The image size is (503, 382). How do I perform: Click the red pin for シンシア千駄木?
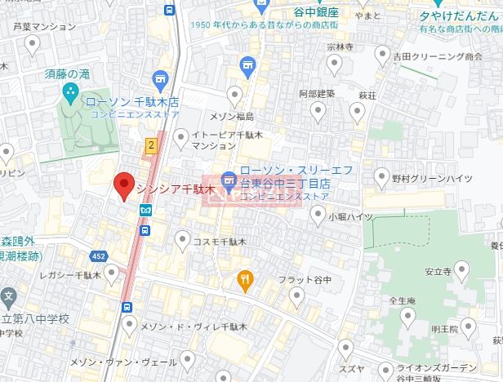click(x=124, y=185)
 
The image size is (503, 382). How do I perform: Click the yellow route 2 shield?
click(x=150, y=144)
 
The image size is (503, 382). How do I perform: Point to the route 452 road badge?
click(x=99, y=256)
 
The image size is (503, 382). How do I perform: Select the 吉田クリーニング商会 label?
click(x=437, y=57)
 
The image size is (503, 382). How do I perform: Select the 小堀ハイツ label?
click(x=351, y=216)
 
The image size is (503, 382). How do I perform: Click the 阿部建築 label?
click(x=317, y=93)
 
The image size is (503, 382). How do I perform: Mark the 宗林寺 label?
click(x=339, y=47)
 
